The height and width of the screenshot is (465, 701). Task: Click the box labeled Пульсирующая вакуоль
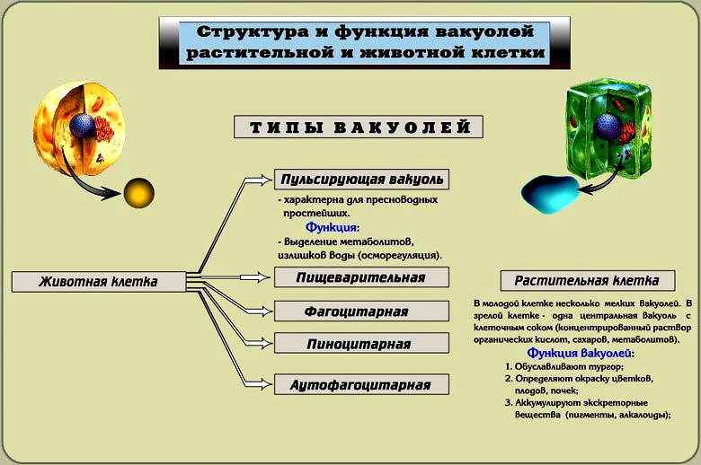[x=361, y=180]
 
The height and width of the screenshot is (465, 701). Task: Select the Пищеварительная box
[x=361, y=277]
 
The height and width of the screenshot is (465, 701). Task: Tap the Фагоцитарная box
[x=361, y=311]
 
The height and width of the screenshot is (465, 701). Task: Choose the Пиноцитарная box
[x=361, y=344]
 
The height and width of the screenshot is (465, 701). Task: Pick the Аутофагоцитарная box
[x=361, y=384]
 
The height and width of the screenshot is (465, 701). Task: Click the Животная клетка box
[x=99, y=282]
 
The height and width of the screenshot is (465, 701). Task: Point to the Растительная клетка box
[x=588, y=280]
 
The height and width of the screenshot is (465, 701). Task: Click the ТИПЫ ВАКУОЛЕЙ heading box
[x=359, y=127]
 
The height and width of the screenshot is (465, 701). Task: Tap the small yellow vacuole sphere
[x=138, y=193]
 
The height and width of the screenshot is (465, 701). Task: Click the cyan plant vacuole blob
[x=550, y=194]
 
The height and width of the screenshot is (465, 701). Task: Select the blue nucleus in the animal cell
[x=83, y=126]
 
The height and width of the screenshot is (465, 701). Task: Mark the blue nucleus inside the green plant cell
[x=607, y=126]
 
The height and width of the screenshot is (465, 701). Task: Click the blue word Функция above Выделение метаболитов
[x=332, y=227]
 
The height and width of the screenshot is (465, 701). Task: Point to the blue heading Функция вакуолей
[x=580, y=354]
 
